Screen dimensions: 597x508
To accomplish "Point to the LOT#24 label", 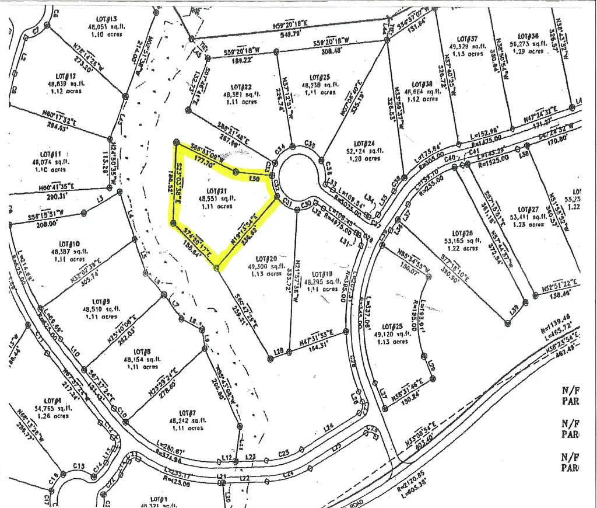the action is pos(361,143).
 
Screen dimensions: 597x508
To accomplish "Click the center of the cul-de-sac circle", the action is pos(298,175).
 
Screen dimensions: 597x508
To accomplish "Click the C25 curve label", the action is pos(284,453).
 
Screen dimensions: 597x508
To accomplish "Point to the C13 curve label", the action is pos(79,465).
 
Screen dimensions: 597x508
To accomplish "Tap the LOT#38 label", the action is pos(422,83).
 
